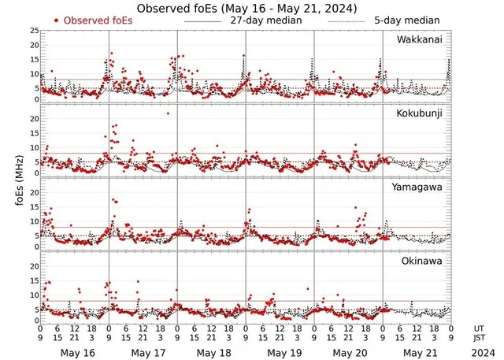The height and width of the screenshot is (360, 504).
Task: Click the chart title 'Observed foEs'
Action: point(246,8)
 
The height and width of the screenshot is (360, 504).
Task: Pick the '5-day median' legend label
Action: point(407,20)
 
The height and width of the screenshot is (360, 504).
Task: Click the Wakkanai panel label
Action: point(418,39)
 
